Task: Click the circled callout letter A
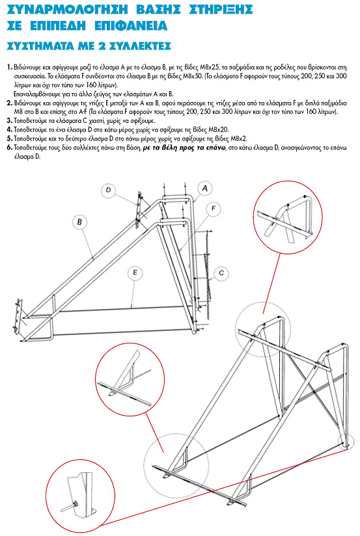[x=205, y=189]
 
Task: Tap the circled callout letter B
[x=79, y=222]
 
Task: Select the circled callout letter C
[x=221, y=273]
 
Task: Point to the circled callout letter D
[x=109, y=190]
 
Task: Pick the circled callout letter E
[x=135, y=273]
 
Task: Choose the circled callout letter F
[x=214, y=208]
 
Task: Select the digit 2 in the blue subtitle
[x=102, y=46]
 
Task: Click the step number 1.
[x=9, y=67]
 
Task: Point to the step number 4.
[x=10, y=129]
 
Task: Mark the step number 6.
[x=10, y=148]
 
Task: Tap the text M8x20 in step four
[x=219, y=129]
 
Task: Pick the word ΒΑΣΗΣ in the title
[x=158, y=10]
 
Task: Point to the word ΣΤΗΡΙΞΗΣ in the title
[x=221, y=10]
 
